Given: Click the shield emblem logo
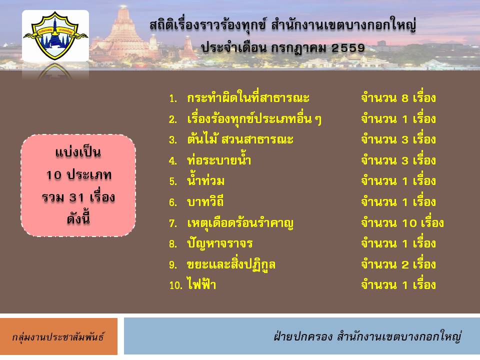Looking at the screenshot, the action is pos(55,35).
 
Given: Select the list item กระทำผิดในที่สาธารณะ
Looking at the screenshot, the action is pos(248,97).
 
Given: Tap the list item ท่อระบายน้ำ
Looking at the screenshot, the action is pos(219,160).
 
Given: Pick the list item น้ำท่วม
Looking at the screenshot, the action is pos(205,180).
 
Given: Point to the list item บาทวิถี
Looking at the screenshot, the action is pos(205,201).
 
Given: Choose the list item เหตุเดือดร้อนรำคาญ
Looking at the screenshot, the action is pos(240,223).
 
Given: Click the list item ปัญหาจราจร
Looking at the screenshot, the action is pos(220,243).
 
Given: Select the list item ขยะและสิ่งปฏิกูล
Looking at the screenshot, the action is pos(231,265).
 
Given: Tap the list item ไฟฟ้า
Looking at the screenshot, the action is pos(201,284).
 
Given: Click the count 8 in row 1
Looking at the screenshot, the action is pos(404,98).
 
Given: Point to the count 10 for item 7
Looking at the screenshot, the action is pos(409,223).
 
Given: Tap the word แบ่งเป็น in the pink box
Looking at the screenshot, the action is pos(78,152).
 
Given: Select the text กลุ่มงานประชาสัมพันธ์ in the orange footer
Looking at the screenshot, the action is pos(58,337).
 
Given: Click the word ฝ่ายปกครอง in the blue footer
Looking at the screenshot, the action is pos(303,336).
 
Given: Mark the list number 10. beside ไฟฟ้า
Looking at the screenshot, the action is pos(175,285).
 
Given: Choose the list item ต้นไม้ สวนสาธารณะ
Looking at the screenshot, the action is pos(240,139).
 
